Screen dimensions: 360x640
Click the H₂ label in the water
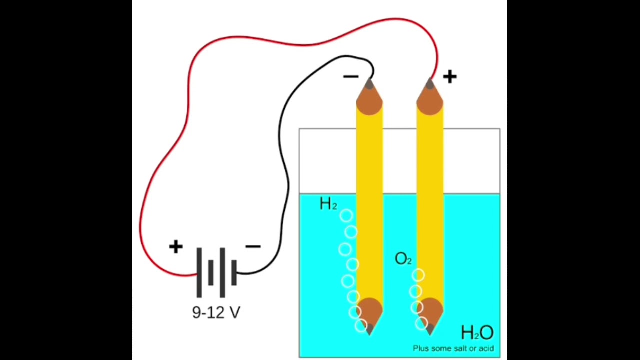(328, 204)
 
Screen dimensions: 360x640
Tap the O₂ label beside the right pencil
(403, 259)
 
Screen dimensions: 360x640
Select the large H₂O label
(477, 332)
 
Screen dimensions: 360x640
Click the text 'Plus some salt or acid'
(453, 348)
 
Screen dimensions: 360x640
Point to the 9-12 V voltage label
(216, 313)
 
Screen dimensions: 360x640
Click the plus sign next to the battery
(176, 247)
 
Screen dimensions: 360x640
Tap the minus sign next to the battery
(253, 247)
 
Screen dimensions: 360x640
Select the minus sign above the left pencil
(351, 76)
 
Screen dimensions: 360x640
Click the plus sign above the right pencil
(449, 76)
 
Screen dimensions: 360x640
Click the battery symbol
(216, 273)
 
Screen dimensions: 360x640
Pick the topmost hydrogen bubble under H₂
(346, 216)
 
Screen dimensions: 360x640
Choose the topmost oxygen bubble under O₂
(418, 275)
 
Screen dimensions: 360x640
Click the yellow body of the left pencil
(369, 200)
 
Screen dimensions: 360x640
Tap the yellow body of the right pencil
(430, 200)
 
